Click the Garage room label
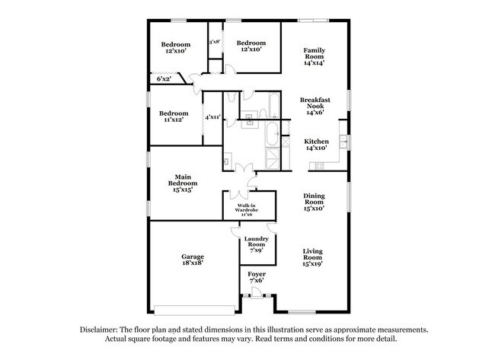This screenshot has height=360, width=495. (x=192, y=256)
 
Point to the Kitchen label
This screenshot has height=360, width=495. (x=317, y=142)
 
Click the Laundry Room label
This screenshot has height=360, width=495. (x=255, y=242)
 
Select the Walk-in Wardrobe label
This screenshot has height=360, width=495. (x=245, y=207)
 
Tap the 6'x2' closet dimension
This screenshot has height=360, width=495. (x=164, y=78)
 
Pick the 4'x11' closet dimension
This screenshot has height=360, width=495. (x=212, y=117)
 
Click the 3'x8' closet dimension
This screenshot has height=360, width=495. (x=215, y=41)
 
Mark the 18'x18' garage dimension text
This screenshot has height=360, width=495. (x=192, y=264)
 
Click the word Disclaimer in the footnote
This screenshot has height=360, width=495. (x=101, y=330)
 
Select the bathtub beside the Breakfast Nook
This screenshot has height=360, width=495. (x=263, y=106)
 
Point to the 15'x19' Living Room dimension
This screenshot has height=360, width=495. (x=314, y=264)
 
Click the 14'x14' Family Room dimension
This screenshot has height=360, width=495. (x=314, y=63)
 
